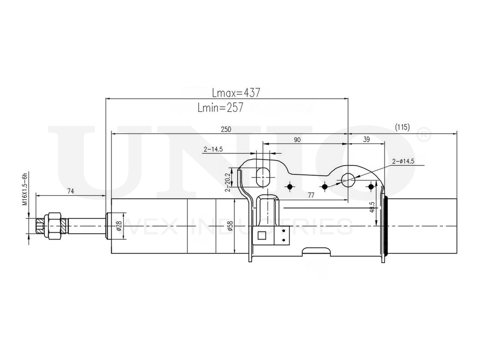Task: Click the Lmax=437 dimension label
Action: pos(236,93)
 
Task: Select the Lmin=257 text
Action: pos(220,108)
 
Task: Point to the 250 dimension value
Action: pos(226,129)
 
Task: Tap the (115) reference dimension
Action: pos(402,127)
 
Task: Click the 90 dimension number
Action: pos(297,140)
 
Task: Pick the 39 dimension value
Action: pos(366,140)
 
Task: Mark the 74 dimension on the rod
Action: pos(70,191)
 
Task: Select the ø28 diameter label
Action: pos(119,225)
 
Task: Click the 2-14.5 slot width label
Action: pos(213,149)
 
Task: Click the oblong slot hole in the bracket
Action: pos(263,177)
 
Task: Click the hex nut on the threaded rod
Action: pos(53,225)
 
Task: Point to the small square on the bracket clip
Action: pos(262,235)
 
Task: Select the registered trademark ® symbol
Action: pos(424,135)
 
